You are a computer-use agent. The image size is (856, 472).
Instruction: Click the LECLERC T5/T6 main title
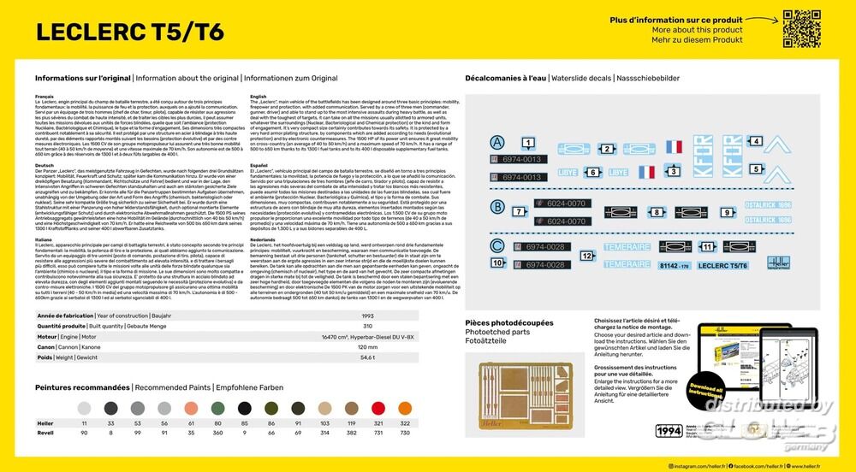pyautogui.click(x=129, y=32)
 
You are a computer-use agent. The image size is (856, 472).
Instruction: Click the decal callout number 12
pyautogui.click(x=586, y=255)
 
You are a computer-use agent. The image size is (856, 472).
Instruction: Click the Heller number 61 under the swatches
pyautogui.click(x=192, y=424)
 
